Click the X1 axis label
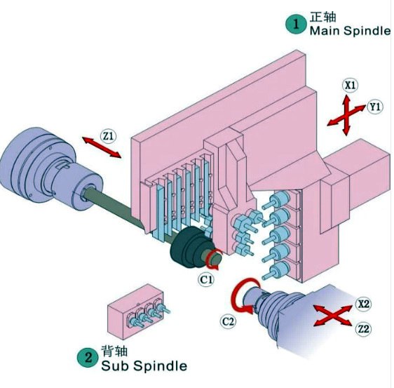tap(350, 85)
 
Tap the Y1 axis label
tap(375, 107)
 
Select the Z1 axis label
tap(109, 136)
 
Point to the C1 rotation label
tap(207, 280)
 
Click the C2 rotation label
tap(229, 321)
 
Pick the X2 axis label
tap(363, 304)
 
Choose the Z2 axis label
tap(363, 328)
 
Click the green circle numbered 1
tap(296, 24)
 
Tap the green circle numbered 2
tap(88, 357)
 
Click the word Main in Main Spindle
tap(325, 31)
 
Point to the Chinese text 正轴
tap(323, 17)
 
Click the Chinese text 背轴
tap(114, 351)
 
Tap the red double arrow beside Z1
tap(102, 147)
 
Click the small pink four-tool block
tap(136, 312)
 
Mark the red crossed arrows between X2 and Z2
tap(333, 316)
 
